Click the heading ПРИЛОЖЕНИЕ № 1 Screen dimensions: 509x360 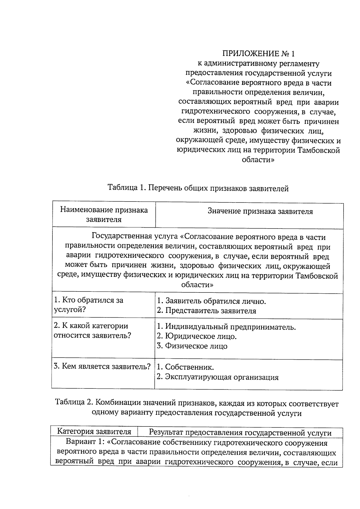[258, 54]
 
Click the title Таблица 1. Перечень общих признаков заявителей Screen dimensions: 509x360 [198, 188]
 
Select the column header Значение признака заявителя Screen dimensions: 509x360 [260, 211]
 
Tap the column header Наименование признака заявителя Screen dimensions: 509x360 [104, 214]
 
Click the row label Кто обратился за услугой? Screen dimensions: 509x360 [88, 305]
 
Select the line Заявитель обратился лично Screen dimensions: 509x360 [211, 301]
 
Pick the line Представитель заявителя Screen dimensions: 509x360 [206, 311]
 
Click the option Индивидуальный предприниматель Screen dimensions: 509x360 [226, 327]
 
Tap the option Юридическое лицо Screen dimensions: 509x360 [197, 336]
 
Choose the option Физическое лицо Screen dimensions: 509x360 [192, 346]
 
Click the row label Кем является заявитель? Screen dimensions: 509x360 [102, 367]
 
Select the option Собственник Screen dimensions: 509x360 [185, 367]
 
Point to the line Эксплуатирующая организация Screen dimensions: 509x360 [217, 377]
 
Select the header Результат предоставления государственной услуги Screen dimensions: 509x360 [240, 433]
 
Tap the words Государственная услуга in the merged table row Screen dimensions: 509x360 [135, 237]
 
